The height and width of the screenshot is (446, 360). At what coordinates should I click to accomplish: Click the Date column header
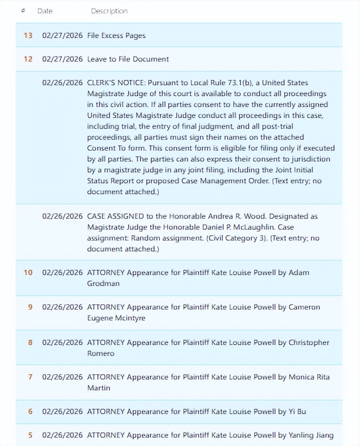tap(45, 11)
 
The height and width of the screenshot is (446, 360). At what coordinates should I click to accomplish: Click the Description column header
tap(109, 11)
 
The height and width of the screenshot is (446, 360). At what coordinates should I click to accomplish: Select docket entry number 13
tap(28, 35)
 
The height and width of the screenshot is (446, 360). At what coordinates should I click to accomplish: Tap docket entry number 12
tap(28, 59)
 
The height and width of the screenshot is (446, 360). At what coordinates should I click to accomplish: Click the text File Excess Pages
tap(116, 35)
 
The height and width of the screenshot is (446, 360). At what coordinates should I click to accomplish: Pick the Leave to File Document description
tap(128, 59)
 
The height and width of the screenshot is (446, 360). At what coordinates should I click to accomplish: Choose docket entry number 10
tap(28, 273)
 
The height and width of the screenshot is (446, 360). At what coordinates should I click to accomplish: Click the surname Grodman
tap(103, 283)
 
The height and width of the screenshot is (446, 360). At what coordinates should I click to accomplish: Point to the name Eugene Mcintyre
tap(116, 318)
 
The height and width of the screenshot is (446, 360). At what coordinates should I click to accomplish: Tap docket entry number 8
tap(30, 342)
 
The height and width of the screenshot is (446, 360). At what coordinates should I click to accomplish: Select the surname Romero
tap(101, 353)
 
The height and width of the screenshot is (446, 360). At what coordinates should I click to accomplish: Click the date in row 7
tap(62, 377)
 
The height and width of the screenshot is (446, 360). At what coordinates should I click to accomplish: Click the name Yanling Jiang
tap(311, 435)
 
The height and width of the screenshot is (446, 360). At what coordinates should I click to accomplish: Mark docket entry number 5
tap(30, 435)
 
